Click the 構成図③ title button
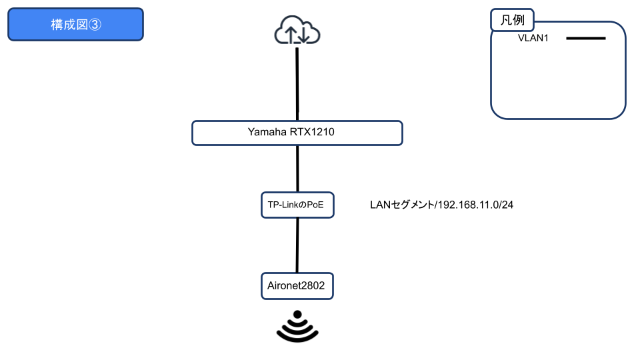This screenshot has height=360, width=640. (75, 25)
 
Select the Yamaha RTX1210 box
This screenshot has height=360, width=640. (297, 133)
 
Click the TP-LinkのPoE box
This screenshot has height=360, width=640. (297, 205)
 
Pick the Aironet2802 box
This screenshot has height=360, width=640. (297, 286)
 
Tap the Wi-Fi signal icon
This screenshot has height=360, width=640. (297, 326)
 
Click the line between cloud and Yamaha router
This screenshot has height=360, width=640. (297, 83)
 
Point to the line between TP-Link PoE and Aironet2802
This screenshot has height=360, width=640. (297, 245)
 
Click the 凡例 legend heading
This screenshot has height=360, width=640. (513, 20)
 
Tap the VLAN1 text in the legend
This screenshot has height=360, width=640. (533, 39)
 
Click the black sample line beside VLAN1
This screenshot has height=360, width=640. (585, 39)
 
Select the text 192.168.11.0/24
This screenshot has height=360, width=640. (474, 205)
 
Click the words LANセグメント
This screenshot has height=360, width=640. (401, 205)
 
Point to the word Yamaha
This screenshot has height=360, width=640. (267, 133)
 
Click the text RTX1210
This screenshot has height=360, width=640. (312, 133)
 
